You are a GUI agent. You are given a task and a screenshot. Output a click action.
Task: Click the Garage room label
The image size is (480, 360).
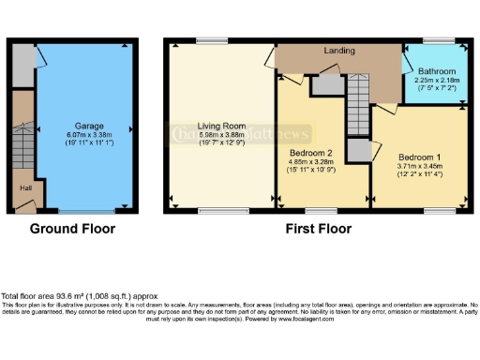pyautogui.click(x=89, y=126)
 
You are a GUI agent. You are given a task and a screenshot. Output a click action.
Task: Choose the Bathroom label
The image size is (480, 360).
pyautogui.click(x=437, y=72)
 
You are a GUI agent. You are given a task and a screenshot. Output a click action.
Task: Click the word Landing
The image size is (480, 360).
pyautogui.click(x=338, y=50)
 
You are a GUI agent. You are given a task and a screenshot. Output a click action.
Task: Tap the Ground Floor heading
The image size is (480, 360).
pyautogui.click(x=73, y=228)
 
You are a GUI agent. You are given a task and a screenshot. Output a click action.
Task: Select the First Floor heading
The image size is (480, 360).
pyautogui.click(x=319, y=228)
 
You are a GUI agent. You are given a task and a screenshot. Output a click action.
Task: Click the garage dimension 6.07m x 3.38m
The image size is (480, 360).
pyautogui.click(x=89, y=134)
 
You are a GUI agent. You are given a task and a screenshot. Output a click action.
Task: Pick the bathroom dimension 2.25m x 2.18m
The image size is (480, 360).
pyautogui.click(x=437, y=81)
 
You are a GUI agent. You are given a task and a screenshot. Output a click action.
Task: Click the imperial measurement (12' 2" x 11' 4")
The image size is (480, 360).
pyautogui.click(x=417, y=172)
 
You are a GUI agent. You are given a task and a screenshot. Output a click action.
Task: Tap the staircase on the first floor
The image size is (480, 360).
pyautogui.click(x=357, y=104)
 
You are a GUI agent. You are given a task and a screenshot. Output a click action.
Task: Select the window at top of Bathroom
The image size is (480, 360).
pyautogui.click(x=438, y=42)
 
